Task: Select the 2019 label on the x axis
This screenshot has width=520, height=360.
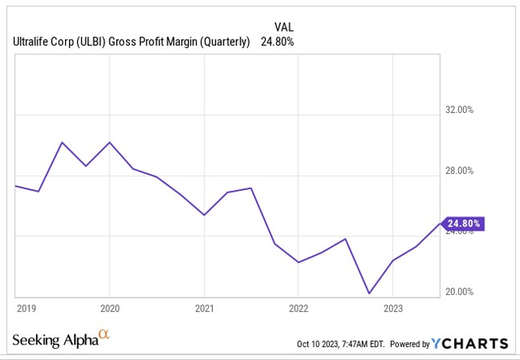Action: [28, 309]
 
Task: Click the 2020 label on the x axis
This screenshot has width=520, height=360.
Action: [110, 309]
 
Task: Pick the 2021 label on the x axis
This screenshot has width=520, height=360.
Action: [204, 309]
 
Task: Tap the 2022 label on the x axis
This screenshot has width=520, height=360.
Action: [298, 309]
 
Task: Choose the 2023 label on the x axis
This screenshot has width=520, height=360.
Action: [392, 309]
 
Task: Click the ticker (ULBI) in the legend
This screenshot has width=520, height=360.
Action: [97, 42]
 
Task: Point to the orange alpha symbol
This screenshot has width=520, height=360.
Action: [103, 334]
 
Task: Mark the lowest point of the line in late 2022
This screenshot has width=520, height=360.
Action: [369, 293]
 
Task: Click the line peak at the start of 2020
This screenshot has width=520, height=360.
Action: [110, 142]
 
